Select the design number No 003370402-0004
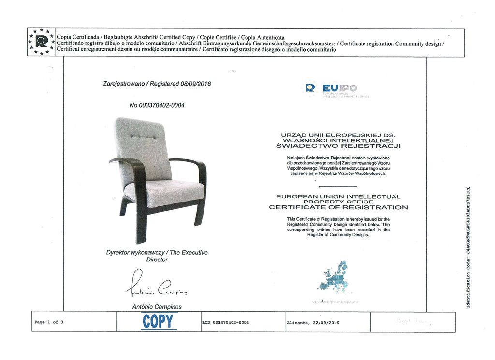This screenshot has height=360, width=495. (x=157, y=105)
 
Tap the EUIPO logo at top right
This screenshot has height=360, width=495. (x=333, y=88)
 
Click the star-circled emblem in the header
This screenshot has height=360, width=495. (x=42, y=42)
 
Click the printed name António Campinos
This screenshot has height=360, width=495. (x=157, y=307)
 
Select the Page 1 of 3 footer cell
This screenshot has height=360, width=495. (x=49, y=322)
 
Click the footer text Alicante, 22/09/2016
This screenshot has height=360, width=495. (x=313, y=322)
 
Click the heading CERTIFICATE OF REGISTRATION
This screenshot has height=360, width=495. (x=338, y=207)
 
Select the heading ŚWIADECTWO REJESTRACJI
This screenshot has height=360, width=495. (x=338, y=145)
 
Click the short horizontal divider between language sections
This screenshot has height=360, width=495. (x=338, y=186)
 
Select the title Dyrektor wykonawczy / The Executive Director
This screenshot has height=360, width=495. (x=157, y=256)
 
